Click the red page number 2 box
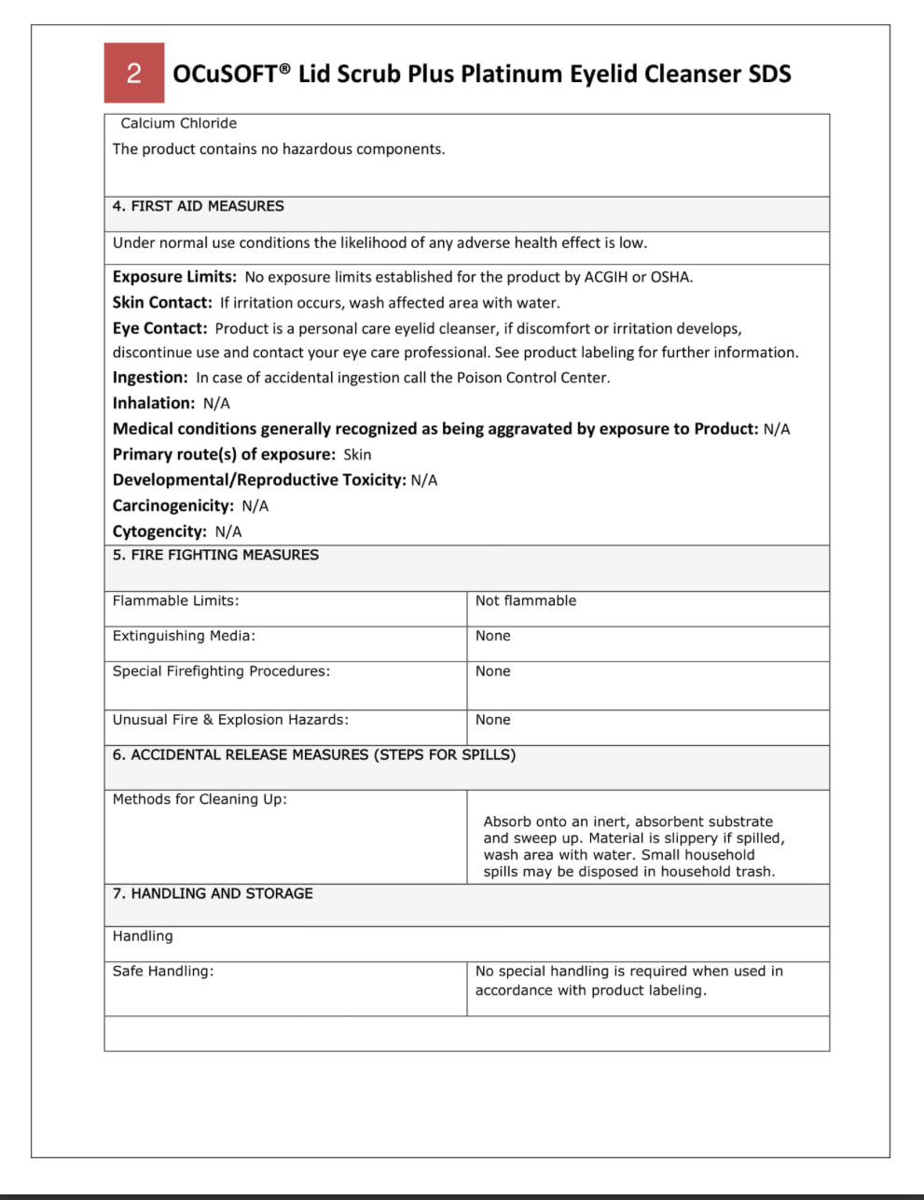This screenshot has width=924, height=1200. coord(134,73)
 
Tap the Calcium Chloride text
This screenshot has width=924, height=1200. coord(178,123)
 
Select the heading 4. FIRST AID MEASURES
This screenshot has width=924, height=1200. coord(198,206)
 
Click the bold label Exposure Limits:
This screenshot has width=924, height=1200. coord(174,277)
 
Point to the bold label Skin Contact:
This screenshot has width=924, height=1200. coord(162,303)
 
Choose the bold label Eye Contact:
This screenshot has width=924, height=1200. coord(159,328)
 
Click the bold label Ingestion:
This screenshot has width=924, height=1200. coord(150,378)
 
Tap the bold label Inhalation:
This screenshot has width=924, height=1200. coord(154,403)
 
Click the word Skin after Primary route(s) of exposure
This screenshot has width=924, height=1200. coord(357,455)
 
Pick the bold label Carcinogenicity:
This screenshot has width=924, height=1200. coord(173,505)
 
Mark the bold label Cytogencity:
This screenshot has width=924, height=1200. coord(159,531)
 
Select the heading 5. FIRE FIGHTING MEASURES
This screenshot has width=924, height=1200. coord(215,555)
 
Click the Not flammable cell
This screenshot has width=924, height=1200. coord(526,601)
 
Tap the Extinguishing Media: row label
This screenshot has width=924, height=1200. coord(184,636)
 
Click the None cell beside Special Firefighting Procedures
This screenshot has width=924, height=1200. coord(492,671)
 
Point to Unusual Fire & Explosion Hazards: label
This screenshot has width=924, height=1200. coord(230,720)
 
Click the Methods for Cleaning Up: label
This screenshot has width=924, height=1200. coord(200,799)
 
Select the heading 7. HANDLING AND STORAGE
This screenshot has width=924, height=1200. coord(213,893)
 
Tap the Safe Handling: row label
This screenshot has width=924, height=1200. coord(163,972)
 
